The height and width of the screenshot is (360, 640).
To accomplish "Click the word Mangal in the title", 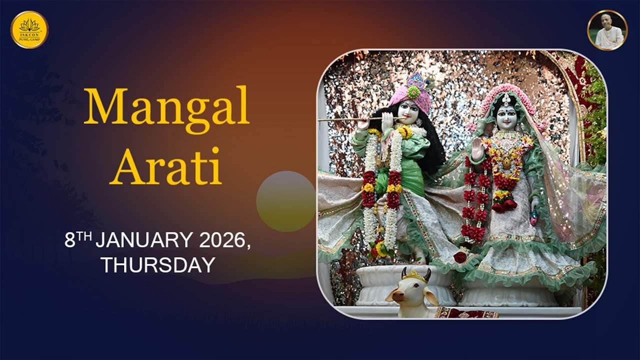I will tap(166, 106).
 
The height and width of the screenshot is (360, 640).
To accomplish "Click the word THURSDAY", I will tap(158, 265).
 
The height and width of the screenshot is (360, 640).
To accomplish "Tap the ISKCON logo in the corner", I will tap(29, 29).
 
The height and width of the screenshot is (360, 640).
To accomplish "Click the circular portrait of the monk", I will tap(607, 30).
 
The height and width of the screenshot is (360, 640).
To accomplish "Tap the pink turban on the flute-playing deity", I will tap(413, 95).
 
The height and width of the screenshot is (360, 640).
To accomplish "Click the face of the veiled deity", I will tap(506, 117).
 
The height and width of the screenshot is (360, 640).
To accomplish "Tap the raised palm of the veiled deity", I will tap(478, 148).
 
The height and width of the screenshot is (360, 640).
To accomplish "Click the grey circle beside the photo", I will tap(285, 201).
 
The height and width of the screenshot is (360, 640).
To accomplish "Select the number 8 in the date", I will tap(70, 241).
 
